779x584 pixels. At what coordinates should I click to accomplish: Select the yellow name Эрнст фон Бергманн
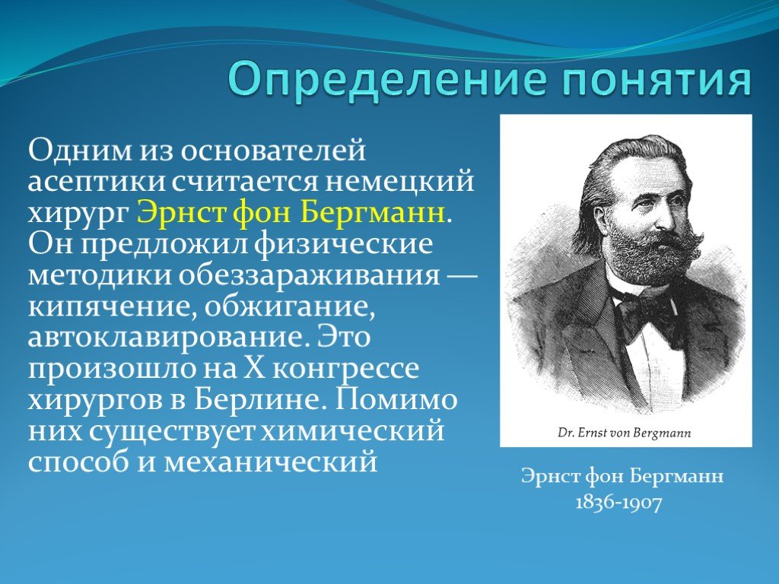[291, 212]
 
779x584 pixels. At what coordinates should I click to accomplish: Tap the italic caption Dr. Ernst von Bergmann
[625, 433]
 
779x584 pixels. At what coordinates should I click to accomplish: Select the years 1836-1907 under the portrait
[619, 503]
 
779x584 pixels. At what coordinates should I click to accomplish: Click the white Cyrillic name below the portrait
[622, 477]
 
